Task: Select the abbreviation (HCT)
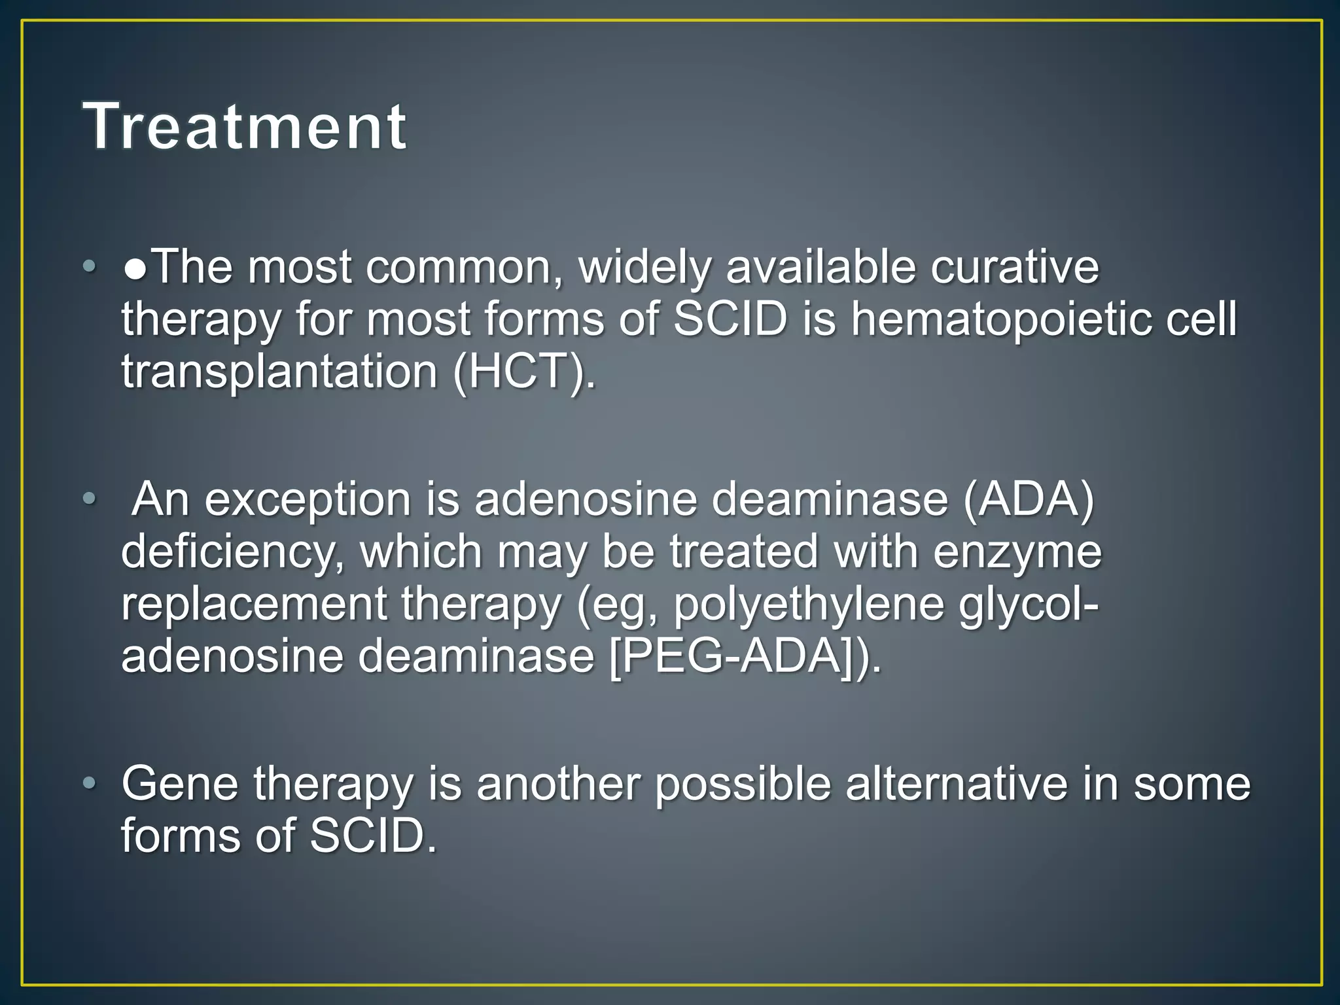tap(524, 372)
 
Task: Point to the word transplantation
tap(279, 372)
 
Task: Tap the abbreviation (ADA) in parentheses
tap(1029, 499)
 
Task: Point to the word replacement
tap(255, 604)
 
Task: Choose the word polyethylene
tap(809, 604)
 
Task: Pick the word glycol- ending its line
tap(1029, 604)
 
